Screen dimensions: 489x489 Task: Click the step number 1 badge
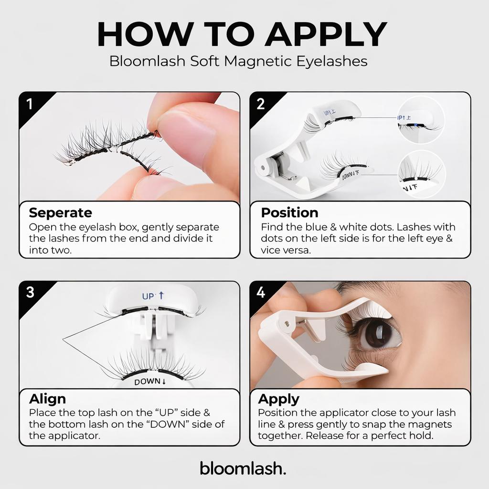[30, 104]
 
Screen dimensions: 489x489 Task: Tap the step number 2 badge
[261, 104]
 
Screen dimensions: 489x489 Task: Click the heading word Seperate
[60, 213]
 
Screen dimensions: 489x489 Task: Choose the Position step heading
[289, 213]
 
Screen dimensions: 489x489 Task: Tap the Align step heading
[47, 399]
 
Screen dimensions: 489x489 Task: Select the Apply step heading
[278, 399]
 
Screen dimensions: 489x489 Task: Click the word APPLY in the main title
[325, 34]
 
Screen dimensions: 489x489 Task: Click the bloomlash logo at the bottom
[243, 468]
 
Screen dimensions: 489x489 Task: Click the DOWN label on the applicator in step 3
[149, 382]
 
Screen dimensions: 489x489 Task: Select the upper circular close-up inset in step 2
[421, 119]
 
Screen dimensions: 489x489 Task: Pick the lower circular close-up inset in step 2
[421, 175]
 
